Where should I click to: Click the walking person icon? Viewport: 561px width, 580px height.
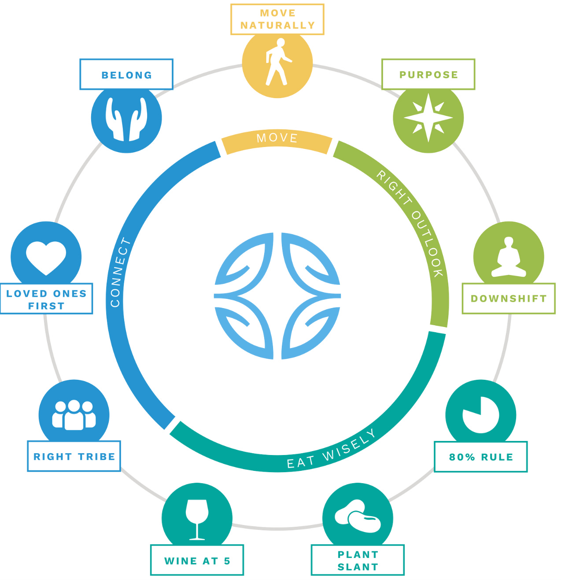(x=277, y=62)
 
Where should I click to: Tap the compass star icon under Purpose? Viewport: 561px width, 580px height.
(x=428, y=118)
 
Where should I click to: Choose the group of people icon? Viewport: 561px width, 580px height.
(x=74, y=415)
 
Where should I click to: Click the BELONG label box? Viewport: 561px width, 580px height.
(x=126, y=75)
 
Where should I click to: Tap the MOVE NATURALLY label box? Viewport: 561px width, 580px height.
(x=277, y=19)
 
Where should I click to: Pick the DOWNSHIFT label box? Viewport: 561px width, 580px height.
(x=509, y=299)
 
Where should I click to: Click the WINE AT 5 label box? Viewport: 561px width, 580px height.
(x=197, y=560)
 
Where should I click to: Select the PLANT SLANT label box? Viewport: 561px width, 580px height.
(x=358, y=560)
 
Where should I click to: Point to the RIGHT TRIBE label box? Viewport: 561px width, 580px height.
(x=74, y=456)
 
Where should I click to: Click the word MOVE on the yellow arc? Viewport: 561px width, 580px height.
(x=277, y=138)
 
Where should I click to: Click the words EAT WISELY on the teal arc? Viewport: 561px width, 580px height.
(x=331, y=450)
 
